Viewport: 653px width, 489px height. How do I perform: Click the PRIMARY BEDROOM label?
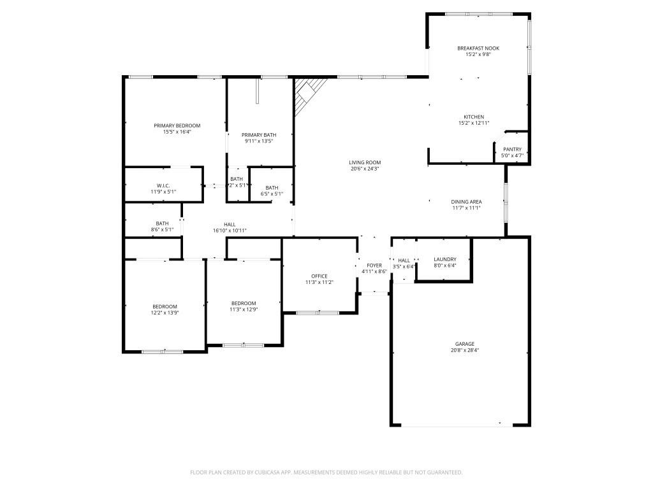pyautogui.click(x=177, y=125)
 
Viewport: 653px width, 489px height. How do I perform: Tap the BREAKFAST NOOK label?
pyautogui.click(x=478, y=48)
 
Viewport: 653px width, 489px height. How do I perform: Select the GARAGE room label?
pyautogui.click(x=464, y=344)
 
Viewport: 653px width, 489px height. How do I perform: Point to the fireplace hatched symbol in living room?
pyautogui.click(x=308, y=94)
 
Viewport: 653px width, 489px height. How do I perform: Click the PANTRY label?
pyautogui.click(x=512, y=149)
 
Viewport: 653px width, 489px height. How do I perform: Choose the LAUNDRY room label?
pyautogui.click(x=444, y=259)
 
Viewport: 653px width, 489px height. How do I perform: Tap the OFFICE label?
pyautogui.click(x=319, y=276)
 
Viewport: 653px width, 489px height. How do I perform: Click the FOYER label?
pyautogui.click(x=374, y=265)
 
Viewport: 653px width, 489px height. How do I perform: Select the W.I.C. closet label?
pyautogui.click(x=163, y=185)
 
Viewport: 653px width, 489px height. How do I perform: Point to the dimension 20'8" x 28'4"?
pyautogui.click(x=464, y=350)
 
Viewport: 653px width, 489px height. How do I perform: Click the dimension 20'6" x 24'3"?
pyautogui.click(x=365, y=169)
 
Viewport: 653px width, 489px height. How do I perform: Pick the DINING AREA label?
pyautogui.click(x=466, y=202)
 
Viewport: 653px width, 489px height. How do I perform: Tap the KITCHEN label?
pyautogui.click(x=473, y=117)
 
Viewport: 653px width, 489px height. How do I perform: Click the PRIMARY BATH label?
pyautogui.click(x=259, y=134)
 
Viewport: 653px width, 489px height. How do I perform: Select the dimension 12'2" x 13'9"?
pyautogui.click(x=165, y=313)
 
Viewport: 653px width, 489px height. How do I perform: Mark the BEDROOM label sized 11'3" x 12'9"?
pyautogui.click(x=244, y=303)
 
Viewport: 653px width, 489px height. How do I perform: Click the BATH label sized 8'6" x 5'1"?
pyautogui.click(x=163, y=223)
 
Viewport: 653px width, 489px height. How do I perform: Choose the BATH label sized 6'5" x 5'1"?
pyautogui.click(x=272, y=187)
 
